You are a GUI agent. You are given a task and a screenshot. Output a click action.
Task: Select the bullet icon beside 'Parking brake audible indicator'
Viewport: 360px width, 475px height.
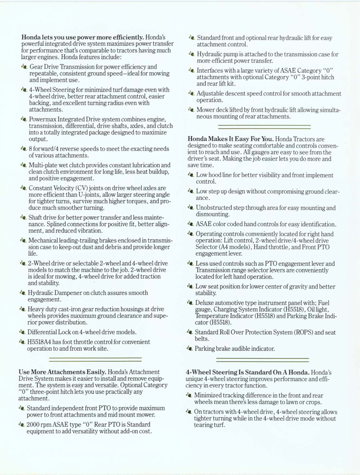(x=191, y=348)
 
